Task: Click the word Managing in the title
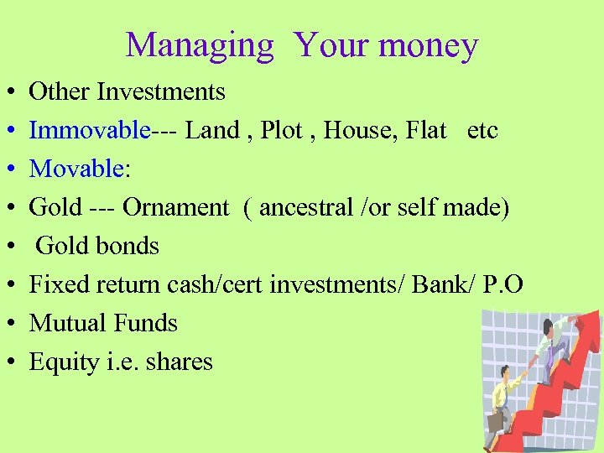[200, 44]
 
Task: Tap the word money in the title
[428, 44]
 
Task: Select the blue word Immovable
[90, 130]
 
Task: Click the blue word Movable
[76, 169]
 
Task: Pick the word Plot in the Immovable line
[282, 130]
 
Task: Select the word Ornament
[175, 207]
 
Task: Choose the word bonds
[126, 246]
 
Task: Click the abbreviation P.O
[503, 284]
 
